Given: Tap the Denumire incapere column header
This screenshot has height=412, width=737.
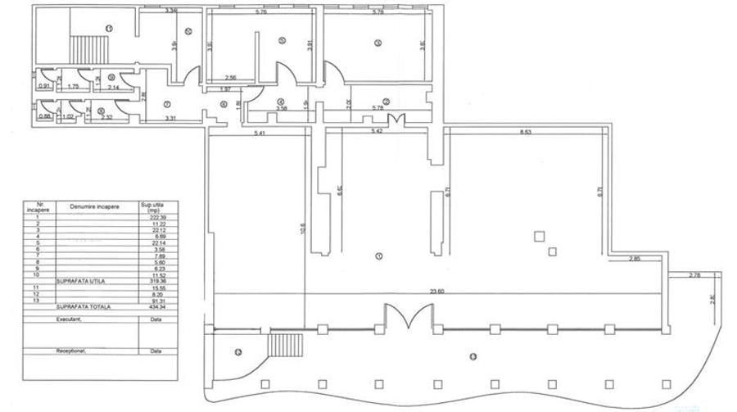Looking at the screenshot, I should tap(95, 206).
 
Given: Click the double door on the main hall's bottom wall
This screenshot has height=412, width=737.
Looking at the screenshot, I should tap(408, 315).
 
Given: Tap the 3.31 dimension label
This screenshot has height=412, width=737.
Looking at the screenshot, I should tap(171, 120).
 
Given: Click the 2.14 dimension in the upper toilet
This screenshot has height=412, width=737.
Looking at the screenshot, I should tap(114, 87).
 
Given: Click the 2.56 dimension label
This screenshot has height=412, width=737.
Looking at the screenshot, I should tap(232, 77).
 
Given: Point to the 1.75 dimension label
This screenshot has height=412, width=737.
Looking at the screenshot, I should tap(73, 87).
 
